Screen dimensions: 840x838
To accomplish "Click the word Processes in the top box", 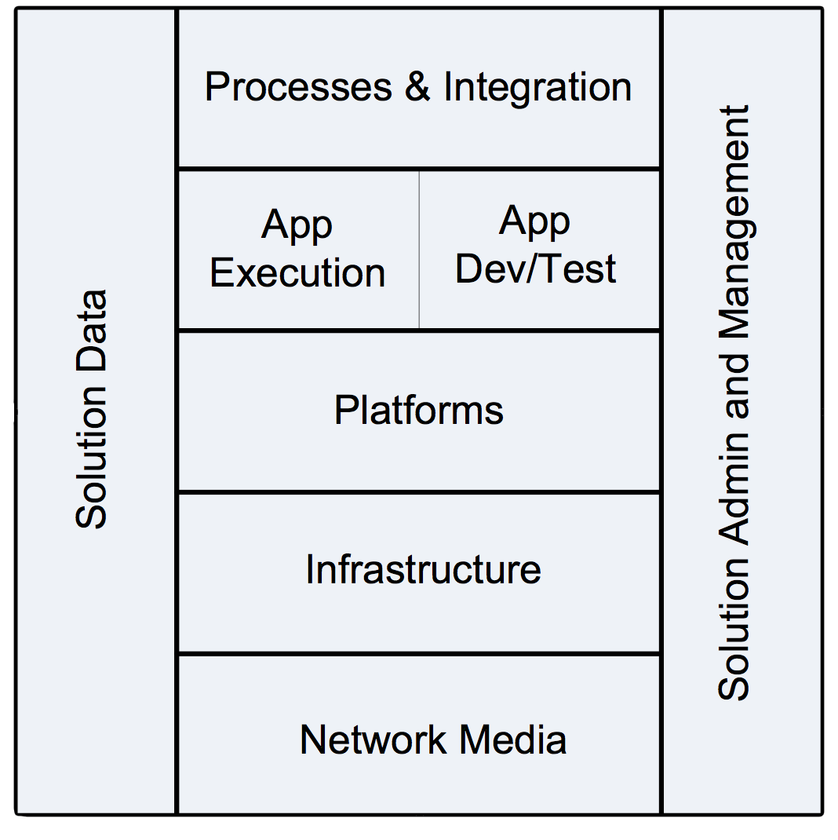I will pyautogui.click(x=298, y=87).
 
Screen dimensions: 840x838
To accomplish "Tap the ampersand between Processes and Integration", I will pyautogui.click(x=418, y=86).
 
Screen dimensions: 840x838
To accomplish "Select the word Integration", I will pyautogui.click(x=537, y=86).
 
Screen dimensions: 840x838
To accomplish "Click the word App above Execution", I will pyautogui.click(x=297, y=225).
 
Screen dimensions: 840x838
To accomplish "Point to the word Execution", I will pyautogui.click(x=297, y=273).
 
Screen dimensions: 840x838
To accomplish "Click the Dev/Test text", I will pyautogui.click(x=536, y=268).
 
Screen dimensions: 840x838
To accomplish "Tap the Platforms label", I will pyautogui.click(x=419, y=411).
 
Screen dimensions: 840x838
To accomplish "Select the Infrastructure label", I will pyautogui.click(x=423, y=570).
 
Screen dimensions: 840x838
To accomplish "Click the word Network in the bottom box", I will pyautogui.click(x=374, y=740).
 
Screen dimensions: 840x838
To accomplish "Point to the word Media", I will pyautogui.click(x=513, y=740).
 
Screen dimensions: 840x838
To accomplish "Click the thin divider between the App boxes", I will pyautogui.click(x=419, y=250).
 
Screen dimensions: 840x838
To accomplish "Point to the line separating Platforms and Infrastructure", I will pyautogui.click(x=419, y=492).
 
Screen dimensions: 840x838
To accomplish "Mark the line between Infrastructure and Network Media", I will pyautogui.click(x=419, y=653).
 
